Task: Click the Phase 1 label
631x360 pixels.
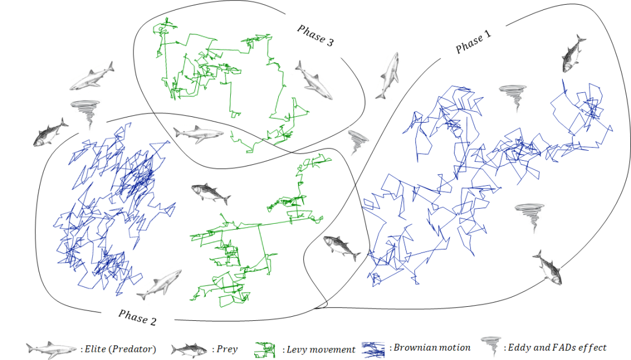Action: pyautogui.click(x=473, y=43)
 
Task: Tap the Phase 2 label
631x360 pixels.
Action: pyautogui.click(x=137, y=317)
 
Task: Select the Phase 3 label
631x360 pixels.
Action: pyautogui.click(x=315, y=37)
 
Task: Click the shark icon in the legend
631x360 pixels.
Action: pyautogui.click(x=51, y=349)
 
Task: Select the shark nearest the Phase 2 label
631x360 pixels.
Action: pyautogui.click(x=159, y=284)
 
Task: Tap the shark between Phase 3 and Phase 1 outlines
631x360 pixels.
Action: pyautogui.click(x=387, y=75)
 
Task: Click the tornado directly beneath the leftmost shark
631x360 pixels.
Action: pyautogui.click(x=85, y=113)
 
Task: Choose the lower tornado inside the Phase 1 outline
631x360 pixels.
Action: pyautogui.click(x=529, y=216)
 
